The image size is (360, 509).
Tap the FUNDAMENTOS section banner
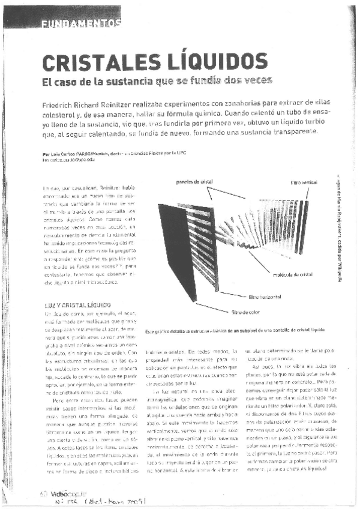click(82, 24)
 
